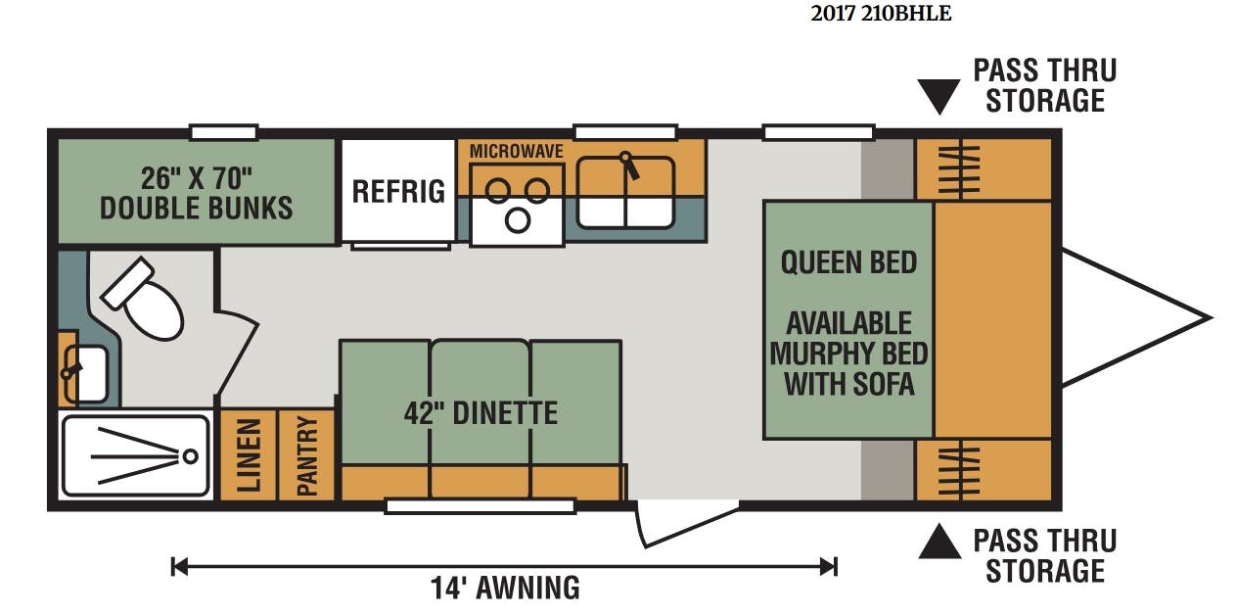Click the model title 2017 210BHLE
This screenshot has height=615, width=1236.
coord(881,14)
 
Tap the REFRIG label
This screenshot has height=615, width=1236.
coord(398,192)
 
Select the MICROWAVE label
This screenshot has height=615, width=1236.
coord(517,151)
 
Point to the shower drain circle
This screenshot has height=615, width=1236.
coord(191,456)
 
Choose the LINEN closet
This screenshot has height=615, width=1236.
coord(249,455)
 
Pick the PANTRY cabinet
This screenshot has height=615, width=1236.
coord(306,455)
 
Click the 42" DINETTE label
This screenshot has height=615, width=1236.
coord(481,413)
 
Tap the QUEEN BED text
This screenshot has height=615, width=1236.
coord(848,262)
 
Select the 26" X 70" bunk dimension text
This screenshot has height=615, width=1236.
coord(197,178)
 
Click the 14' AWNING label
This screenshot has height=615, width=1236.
coord(505,588)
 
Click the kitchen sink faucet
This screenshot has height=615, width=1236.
coord(629,166)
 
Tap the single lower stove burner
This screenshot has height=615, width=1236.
coord(518,220)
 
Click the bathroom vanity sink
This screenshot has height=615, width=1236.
coord(85,374)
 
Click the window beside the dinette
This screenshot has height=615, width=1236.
coord(481,506)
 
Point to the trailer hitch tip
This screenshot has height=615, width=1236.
coord(1212,317)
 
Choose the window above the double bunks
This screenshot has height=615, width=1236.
coord(223,132)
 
